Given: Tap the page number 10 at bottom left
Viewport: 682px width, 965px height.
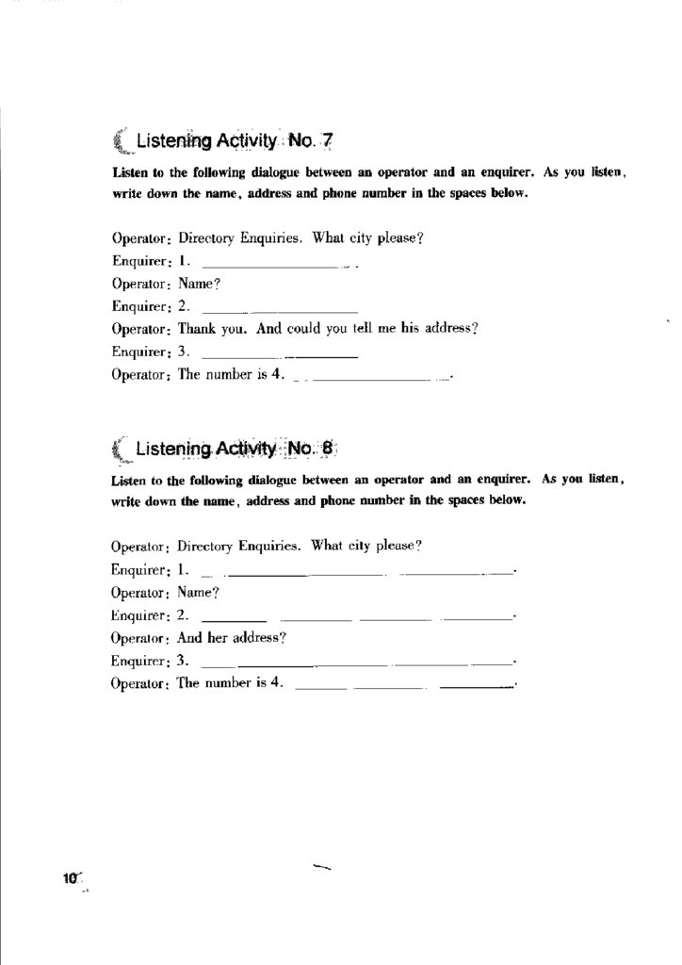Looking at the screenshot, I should (x=71, y=878).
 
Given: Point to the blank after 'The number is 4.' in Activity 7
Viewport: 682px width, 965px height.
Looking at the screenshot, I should (x=372, y=380).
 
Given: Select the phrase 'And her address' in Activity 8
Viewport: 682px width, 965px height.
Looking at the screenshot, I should (x=231, y=638).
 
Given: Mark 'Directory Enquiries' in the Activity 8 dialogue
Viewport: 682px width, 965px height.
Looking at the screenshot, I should (x=238, y=547).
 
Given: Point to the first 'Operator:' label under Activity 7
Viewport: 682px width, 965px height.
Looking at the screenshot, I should (x=140, y=238).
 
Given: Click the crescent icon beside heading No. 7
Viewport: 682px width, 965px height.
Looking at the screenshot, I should (x=120, y=142).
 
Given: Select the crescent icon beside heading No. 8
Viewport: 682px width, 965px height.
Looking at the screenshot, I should (x=119, y=450).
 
